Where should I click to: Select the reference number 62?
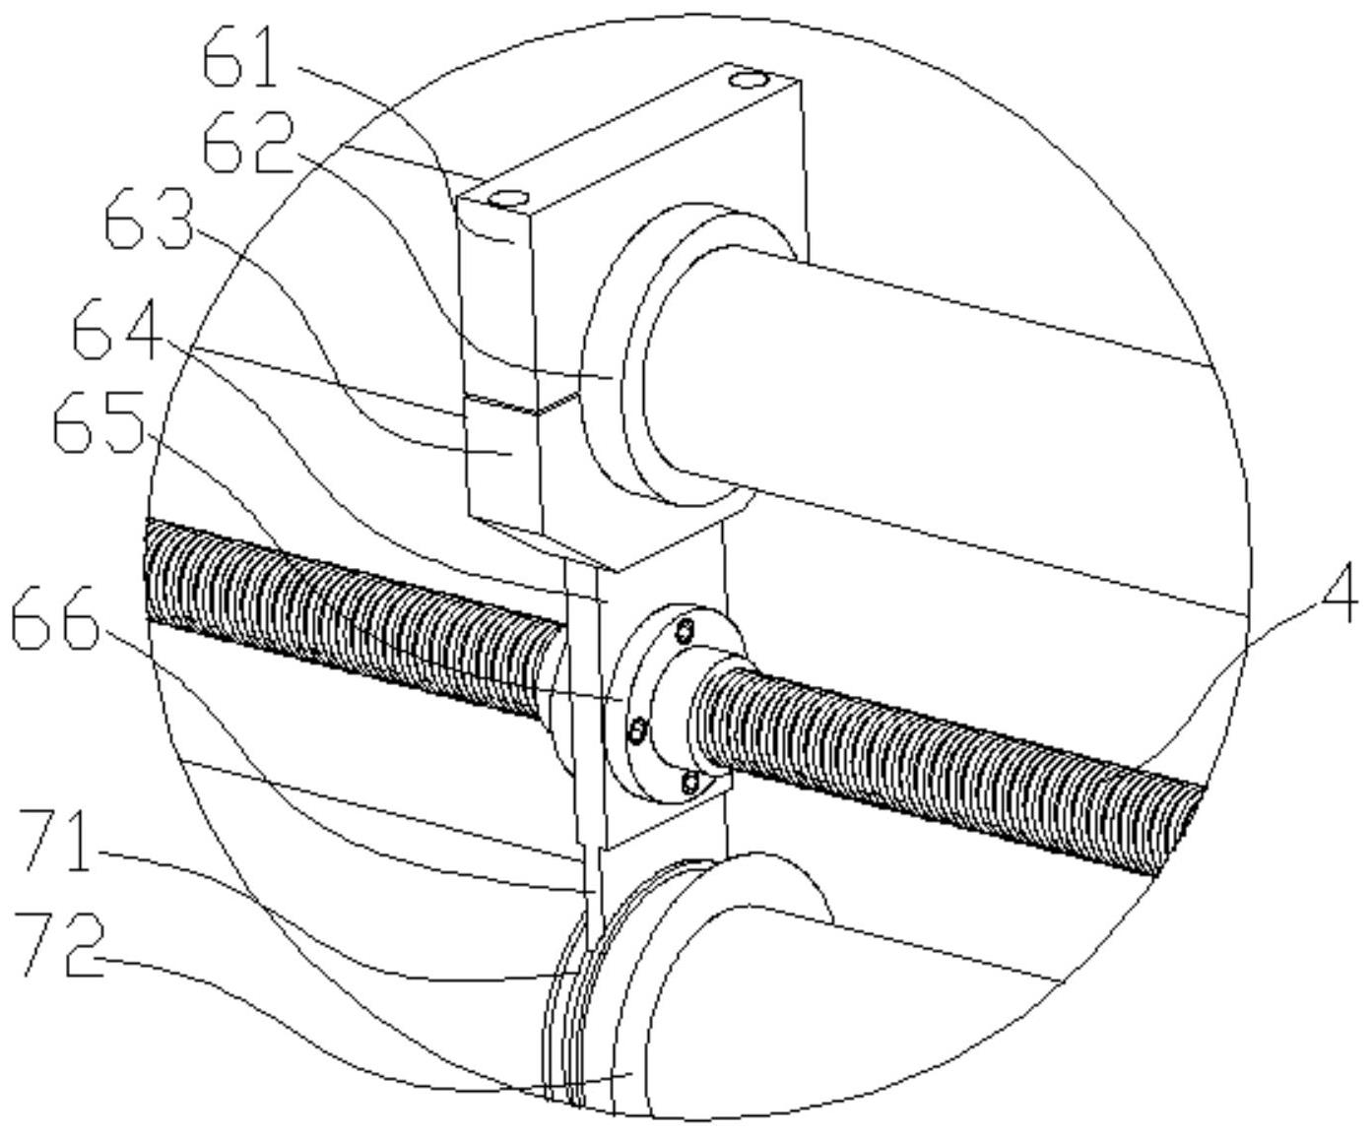click(248, 144)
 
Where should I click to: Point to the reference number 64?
click(116, 335)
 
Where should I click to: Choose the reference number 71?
click(57, 841)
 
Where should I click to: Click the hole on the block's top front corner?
click(509, 199)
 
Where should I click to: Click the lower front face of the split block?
click(504, 463)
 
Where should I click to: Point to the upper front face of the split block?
click(497, 305)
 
